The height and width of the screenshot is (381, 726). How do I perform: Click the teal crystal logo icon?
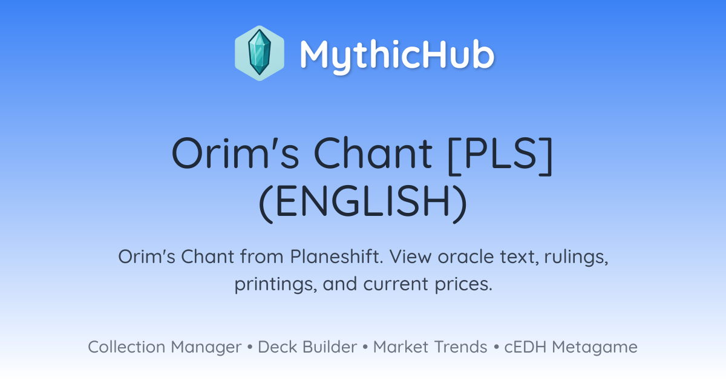tap(260, 53)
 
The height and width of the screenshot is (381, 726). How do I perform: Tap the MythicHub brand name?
tap(397, 55)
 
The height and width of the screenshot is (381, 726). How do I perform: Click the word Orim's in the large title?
tap(235, 153)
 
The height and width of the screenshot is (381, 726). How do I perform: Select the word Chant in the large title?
tap(373, 153)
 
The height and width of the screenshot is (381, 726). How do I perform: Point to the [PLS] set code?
tap(500, 155)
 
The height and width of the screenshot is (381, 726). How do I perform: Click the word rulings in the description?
tap(576, 256)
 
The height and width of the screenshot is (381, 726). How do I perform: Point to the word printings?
tap(275, 284)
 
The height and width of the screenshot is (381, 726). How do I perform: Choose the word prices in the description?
tap(463, 284)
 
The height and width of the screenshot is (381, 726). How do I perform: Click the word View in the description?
tap(410, 256)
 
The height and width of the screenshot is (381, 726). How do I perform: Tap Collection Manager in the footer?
tap(165, 347)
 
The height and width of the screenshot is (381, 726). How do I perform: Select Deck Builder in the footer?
tap(307, 347)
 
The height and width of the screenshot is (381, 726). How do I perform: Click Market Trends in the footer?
tap(430, 347)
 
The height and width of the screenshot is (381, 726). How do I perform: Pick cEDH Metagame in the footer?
tap(571, 347)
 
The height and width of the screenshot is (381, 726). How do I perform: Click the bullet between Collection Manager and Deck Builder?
tap(249, 347)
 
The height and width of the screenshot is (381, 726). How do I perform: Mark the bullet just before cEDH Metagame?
tap(496, 347)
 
